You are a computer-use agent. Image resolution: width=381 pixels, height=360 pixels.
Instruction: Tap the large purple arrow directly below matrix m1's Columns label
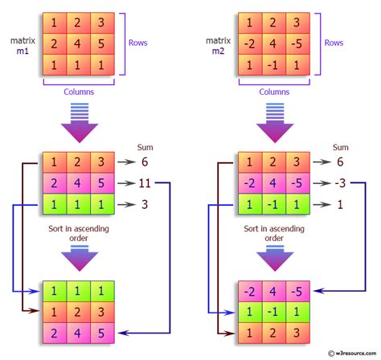78,125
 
